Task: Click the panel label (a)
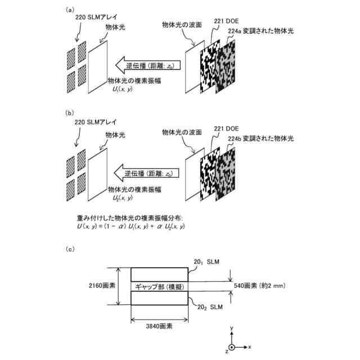click(x=70, y=10)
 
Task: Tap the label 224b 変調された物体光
click(x=261, y=138)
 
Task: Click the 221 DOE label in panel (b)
click(x=225, y=128)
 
